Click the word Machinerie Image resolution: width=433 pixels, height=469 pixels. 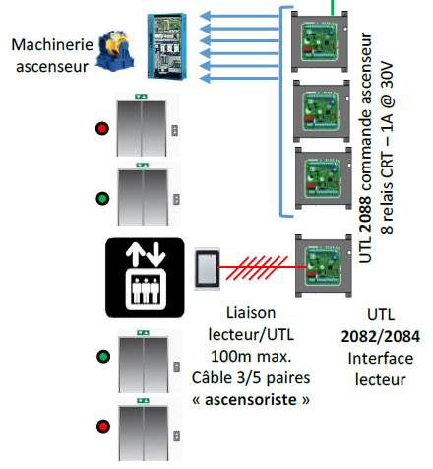(x=52, y=45)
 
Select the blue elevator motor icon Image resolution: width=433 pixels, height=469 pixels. (x=115, y=50)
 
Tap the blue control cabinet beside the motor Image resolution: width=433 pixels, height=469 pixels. (x=167, y=46)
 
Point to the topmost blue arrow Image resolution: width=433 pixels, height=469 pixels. (x=239, y=16)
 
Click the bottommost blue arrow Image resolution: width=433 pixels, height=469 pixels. (x=239, y=78)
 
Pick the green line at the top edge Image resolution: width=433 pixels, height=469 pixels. (x=333, y=7)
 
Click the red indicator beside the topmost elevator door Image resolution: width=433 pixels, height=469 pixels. (x=102, y=128)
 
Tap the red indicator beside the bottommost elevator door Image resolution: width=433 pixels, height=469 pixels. (x=103, y=427)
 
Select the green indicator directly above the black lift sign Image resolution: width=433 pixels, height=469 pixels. (x=102, y=198)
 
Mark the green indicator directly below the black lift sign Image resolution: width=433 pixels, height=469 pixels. (x=103, y=357)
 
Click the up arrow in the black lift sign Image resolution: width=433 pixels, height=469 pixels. (x=135, y=254)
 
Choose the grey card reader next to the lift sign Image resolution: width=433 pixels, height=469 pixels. (x=207, y=269)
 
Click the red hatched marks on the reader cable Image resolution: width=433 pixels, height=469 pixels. (x=257, y=268)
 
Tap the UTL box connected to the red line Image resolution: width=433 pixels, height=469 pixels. (x=324, y=266)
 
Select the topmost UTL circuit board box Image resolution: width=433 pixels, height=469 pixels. (x=320, y=41)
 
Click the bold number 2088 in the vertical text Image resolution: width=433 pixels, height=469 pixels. (x=365, y=214)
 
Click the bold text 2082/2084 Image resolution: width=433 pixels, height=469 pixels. (x=381, y=336)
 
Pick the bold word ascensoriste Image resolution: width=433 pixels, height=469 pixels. (x=251, y=400)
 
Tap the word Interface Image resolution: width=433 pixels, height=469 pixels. (x=381, y=358)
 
